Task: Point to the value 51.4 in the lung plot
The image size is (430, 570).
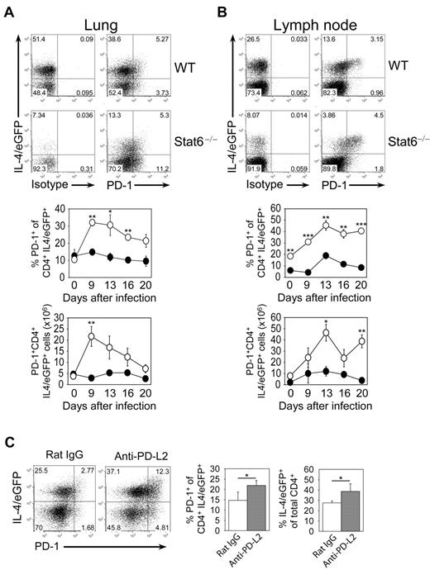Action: click(x=38, y=40)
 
